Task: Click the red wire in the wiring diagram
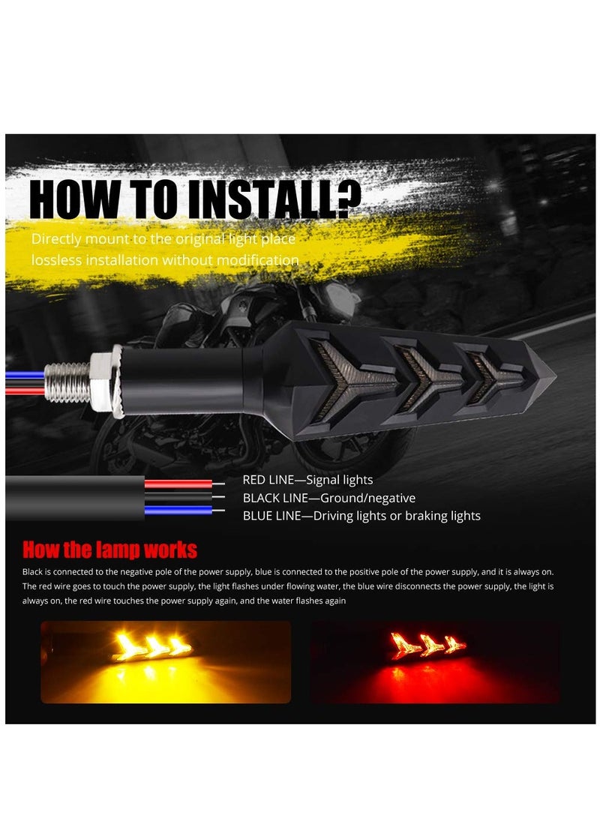pos(180,484)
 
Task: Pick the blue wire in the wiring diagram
pos(180,511)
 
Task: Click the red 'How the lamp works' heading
pos(109,550)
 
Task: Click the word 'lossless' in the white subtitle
pos(56,260)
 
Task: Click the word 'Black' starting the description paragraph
pos(34,572)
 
